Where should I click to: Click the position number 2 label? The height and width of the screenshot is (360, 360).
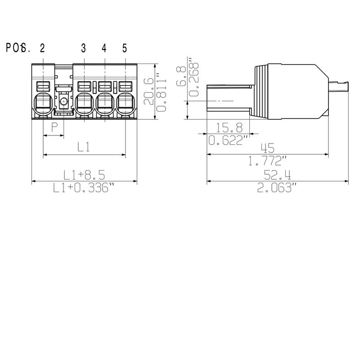[42, 48]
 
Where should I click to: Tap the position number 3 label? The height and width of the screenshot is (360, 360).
[84, 48]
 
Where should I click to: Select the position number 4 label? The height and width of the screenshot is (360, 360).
[104, 48]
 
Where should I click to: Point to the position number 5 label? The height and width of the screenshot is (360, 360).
[125, 48]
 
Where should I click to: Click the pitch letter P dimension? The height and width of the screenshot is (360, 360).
[54, 127]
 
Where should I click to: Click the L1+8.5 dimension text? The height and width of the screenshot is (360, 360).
[84, 174]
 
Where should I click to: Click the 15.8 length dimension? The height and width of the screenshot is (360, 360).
[229, 127]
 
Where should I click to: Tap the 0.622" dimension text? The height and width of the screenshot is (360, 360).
[229, 141]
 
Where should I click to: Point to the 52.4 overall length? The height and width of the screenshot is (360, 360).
[277, 174]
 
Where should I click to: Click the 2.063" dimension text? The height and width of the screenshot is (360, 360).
[277, 188]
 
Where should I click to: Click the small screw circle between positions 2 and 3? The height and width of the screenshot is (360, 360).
[63, 102]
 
